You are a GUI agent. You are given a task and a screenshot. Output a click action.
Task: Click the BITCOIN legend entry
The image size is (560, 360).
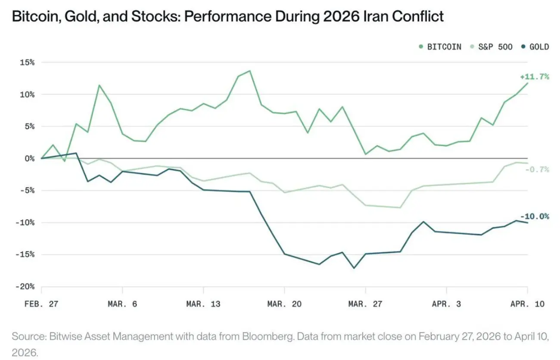(444, 47)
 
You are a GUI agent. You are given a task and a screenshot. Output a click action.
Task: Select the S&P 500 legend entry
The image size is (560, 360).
(495, 47)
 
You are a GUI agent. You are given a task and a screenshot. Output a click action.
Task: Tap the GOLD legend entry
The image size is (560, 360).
(539, 47)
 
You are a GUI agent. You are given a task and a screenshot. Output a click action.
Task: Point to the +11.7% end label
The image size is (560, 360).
(535, 77)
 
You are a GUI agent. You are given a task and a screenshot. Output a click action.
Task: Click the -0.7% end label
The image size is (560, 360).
(537, 169)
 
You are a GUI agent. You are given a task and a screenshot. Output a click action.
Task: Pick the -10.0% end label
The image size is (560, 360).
(535, 216)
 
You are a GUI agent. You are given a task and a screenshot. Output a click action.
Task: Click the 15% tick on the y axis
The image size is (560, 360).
(27, 62)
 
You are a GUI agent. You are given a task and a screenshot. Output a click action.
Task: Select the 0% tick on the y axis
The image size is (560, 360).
(29, 158)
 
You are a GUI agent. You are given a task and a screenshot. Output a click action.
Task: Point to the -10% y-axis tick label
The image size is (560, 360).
(25, 222)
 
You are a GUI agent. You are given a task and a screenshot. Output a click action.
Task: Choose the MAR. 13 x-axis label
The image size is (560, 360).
(203, 304)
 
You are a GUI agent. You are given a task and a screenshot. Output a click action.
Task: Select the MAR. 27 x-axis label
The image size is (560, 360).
(365, 304)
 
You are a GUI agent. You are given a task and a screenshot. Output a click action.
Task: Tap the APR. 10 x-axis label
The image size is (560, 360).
(527, 304)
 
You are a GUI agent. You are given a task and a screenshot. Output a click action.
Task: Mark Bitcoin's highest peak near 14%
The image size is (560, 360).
(250, 71)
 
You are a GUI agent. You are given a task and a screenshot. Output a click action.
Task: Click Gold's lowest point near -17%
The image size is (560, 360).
(354, 268)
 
